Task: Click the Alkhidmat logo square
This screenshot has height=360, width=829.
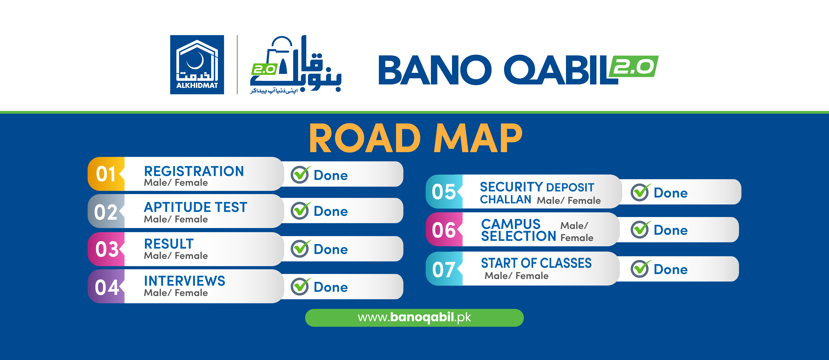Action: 197,65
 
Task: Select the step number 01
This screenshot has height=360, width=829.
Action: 106,174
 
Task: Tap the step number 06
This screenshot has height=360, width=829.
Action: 443,230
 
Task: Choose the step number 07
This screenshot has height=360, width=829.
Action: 443,269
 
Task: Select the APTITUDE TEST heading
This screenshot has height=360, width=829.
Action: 195,207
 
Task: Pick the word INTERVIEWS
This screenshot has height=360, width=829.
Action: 184,281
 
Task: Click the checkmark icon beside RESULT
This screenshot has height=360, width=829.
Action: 300,249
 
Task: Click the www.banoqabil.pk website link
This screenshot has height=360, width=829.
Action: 414,318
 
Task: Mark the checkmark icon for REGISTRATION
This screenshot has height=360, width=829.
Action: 300,175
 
